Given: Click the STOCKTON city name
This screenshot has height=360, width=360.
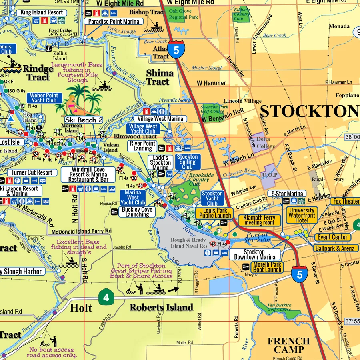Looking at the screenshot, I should pyautogui.click(x=310, y=111).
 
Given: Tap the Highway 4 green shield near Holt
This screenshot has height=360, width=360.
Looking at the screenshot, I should pyautogui.click(x=106, y=298).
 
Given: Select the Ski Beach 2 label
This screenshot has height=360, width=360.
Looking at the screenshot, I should pyautogui.click(x=84, y=120).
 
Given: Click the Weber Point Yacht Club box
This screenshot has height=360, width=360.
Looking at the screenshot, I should pyautogui.click(x=44, y=98).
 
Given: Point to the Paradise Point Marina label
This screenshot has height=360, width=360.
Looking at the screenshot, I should pyautogui.click(x=114, y=21).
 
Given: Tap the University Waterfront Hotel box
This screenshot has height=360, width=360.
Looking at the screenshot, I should pyautogui.click(x=302, y=215).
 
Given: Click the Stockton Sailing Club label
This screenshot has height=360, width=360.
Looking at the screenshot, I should pyautogui.click(x=187, y=162).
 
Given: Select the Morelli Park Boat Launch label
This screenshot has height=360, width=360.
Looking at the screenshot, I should pyautogui.click(x=267, y=267).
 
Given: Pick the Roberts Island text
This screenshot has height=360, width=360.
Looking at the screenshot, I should pyautogui.click(x=161, y=307).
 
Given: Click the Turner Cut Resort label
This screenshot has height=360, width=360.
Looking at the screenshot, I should pyautogui.click(x=32, y=173).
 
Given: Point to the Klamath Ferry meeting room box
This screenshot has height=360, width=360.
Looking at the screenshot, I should pyautogui.click(x=259, y=220).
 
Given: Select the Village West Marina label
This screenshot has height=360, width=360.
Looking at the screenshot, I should pyautogui.click(x=160, y=119).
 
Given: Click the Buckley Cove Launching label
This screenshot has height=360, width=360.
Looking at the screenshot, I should pyautogui.click(x=137, y=212).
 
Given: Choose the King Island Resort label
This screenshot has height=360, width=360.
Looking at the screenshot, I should pyautogui.click(x=42, y=12).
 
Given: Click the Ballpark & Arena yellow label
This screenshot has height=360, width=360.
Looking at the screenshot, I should pyautogui.click(x=334, y=248).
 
